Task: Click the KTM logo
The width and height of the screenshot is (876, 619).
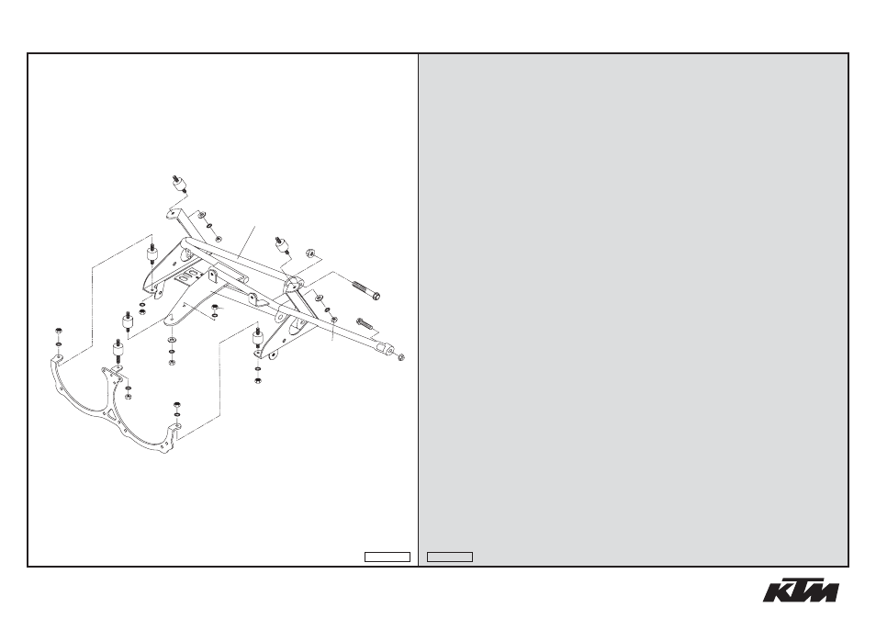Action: [x=801, y=590]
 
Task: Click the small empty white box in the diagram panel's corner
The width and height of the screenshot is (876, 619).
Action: [x=387, y=557]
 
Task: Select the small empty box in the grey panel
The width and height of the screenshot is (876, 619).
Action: [x=450, y=557]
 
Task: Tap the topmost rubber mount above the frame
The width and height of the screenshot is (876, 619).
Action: [x=179, y=184]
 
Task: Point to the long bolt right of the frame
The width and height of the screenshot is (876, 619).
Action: [x=366, y=290]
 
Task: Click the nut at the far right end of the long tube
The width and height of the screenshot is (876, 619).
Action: [x=400, y=357]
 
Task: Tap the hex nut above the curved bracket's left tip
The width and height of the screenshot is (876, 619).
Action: [x=59, y=332]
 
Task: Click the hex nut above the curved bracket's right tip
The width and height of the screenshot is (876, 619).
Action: [x=177, y=404]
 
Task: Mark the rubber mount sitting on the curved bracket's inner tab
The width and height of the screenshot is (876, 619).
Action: [x=118, y=350]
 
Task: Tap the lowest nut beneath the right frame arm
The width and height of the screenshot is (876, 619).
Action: [x=258, y=380]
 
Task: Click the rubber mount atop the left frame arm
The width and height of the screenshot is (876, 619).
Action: [x=151, y=254]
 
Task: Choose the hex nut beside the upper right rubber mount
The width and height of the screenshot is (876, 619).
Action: [x=308, y=253]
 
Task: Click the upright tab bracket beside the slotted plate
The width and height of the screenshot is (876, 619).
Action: [x=213, y=276]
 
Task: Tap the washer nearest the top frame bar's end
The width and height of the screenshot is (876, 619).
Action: [x=202, y=216]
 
